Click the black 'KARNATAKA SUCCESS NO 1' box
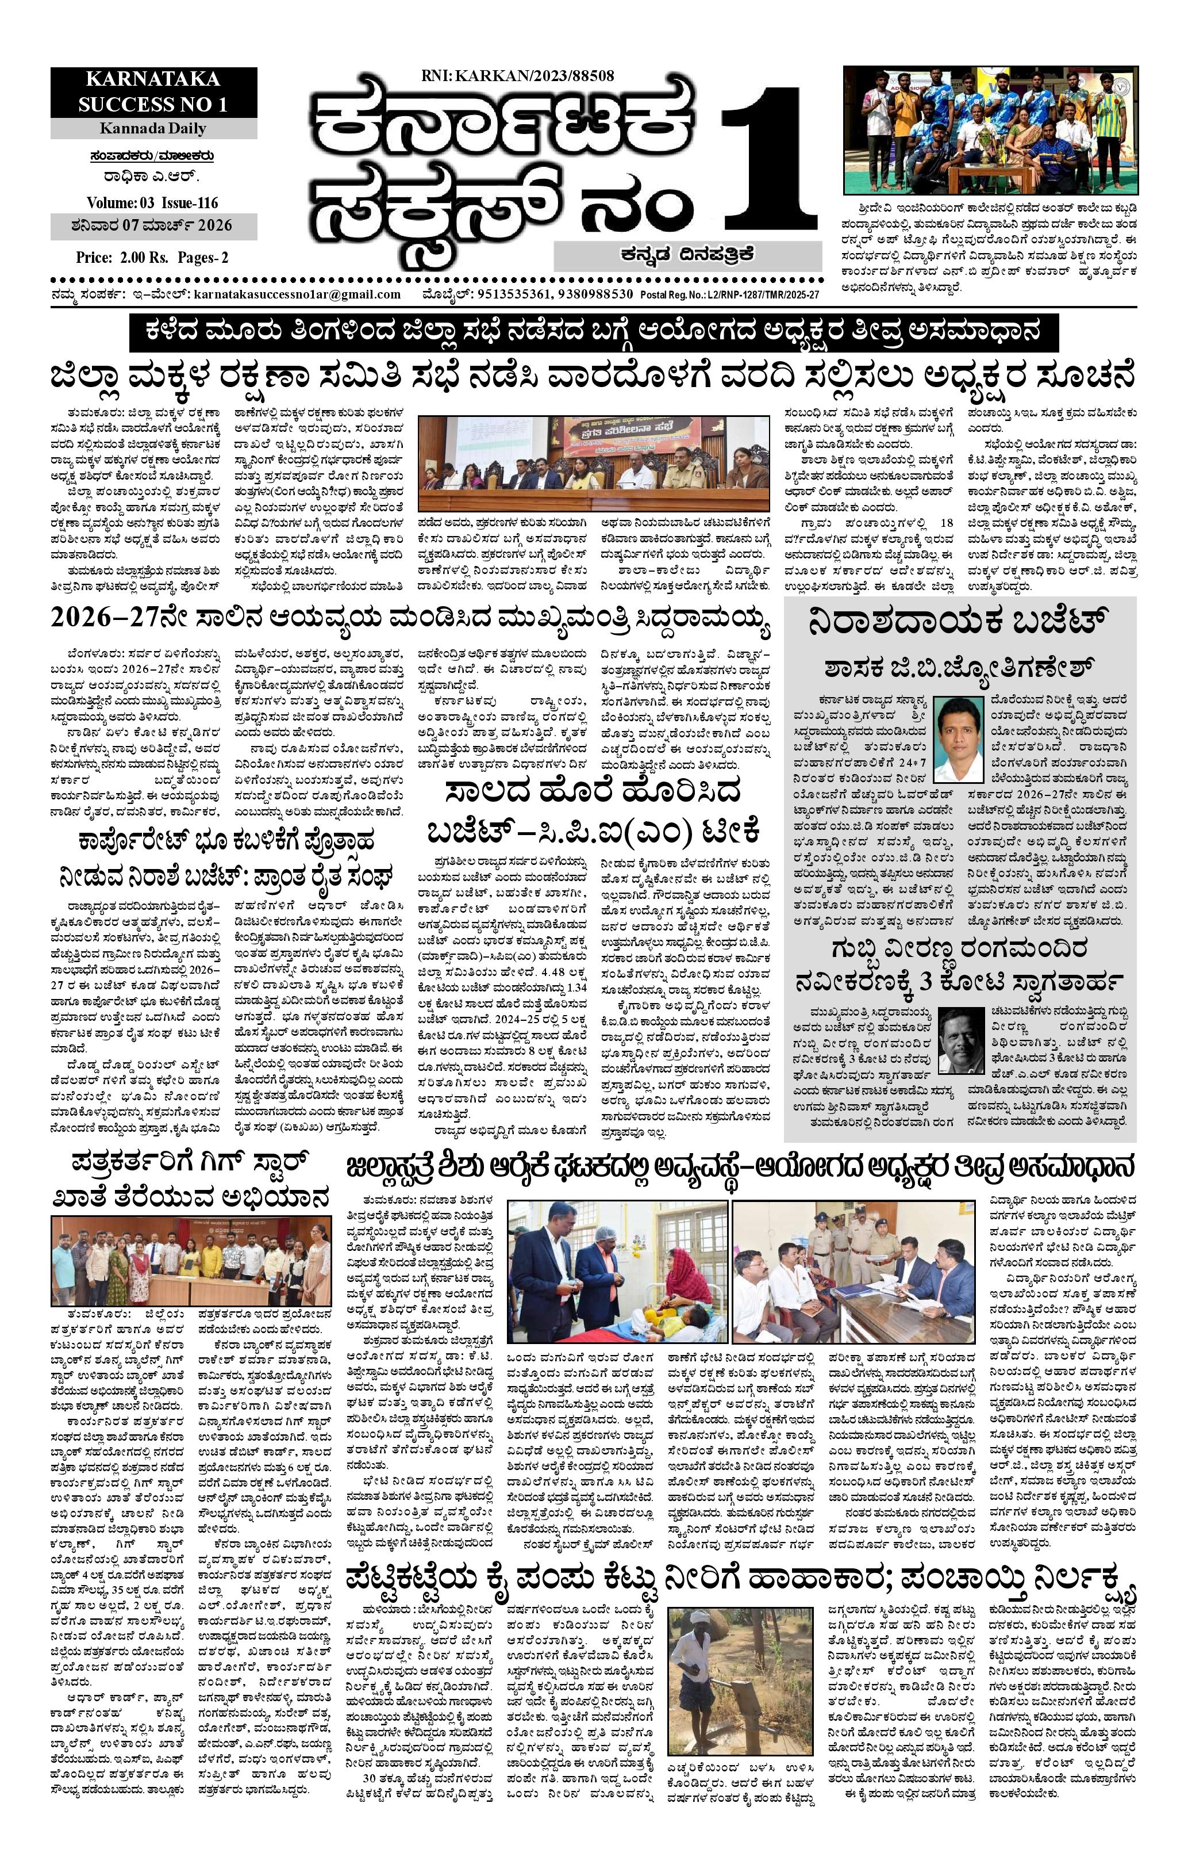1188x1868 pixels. pyautogui.click(x=153, y=91)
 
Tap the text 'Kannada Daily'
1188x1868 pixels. pyautogui.click(x=153, y=128)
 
